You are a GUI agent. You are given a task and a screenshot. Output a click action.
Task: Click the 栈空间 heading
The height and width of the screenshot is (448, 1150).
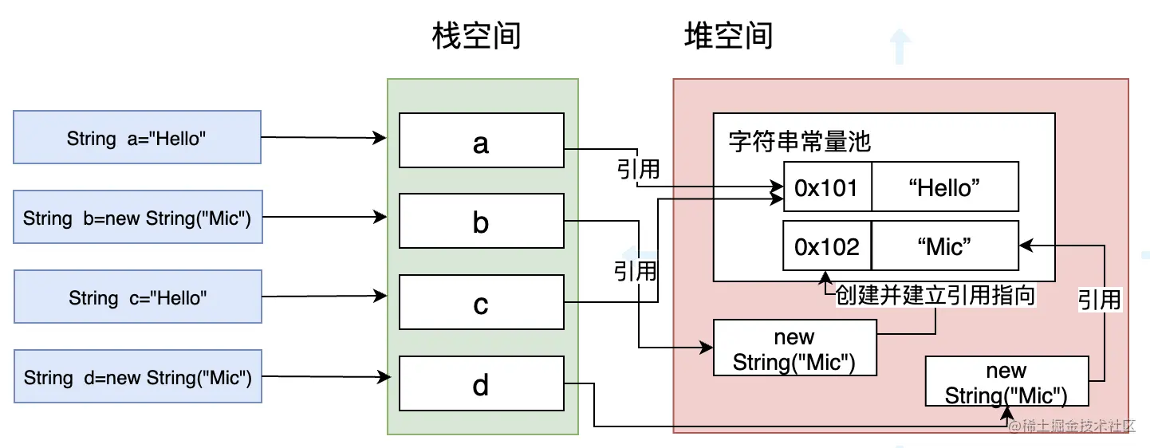(476, 37)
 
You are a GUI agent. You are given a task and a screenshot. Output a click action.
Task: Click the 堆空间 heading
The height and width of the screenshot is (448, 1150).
(728, 37)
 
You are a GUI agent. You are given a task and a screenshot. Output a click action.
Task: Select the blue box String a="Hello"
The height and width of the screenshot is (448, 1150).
(137, 138)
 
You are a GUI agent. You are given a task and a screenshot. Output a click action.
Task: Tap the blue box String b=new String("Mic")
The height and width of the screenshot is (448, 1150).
(137, 217)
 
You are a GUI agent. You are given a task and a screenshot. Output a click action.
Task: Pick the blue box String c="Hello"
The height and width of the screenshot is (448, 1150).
(137, 297)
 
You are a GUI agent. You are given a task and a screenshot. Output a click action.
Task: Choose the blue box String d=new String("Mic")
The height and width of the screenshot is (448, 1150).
(137, 377)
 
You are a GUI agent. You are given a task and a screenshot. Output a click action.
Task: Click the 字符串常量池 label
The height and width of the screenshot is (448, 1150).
(799, 141)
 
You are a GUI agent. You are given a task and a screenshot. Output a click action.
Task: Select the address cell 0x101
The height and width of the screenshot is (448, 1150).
(826, 187)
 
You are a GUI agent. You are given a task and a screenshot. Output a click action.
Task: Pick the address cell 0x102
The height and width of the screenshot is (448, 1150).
(826, 246)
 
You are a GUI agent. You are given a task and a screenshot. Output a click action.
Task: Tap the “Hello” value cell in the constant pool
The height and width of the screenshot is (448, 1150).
(944, 187)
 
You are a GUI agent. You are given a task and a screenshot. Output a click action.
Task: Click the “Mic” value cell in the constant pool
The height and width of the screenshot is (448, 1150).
(944, 246)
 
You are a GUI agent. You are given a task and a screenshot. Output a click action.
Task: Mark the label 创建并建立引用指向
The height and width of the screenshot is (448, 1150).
(935, 296)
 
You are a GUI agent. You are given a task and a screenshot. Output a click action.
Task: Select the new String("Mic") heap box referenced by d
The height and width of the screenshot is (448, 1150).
(1006, 383)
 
